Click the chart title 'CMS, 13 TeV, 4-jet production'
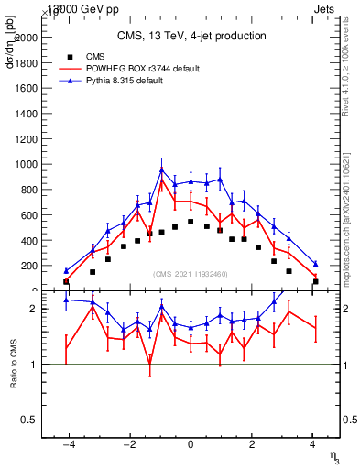191,36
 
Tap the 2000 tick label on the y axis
27,38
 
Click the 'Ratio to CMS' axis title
13,365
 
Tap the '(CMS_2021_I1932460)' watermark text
191,274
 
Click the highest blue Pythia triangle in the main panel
161,169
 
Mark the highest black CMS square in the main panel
191,222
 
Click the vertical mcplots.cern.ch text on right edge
350,206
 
